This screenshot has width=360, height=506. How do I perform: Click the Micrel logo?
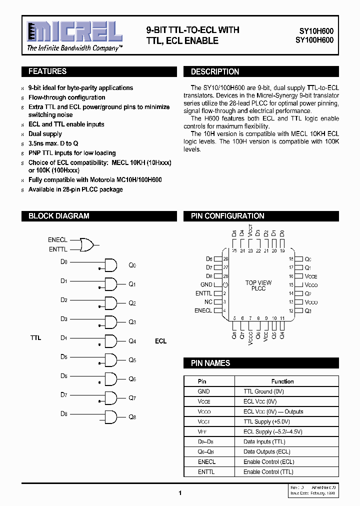[x=74, y=32]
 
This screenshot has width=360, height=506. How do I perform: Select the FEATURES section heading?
[x=47, y=71]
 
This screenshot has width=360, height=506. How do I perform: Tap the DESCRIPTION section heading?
[x=215, y=71]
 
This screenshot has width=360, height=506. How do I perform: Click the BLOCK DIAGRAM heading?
[x=58, y=216]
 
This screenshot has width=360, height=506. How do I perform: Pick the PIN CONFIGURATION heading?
[x=227, y=216]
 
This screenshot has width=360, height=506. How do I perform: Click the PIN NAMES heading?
[x=210, y=363]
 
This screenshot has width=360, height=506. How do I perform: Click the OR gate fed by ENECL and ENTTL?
[x=88, y=244]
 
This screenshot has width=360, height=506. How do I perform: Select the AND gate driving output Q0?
[x=110, y=265]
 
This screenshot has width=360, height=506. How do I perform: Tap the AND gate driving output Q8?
[x=110, y=416]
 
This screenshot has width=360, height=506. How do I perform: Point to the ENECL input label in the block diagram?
[x=57, y=240]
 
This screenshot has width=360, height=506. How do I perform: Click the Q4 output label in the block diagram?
[x=132, y=341]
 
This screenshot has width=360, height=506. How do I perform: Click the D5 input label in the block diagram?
[x=64, y=356]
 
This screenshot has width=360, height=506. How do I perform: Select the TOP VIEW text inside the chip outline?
[x=258, y=283]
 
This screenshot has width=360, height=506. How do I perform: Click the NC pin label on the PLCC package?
[x=208, y=302]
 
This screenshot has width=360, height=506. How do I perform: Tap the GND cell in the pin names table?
[x=204, y=391]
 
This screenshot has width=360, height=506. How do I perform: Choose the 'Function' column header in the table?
[x=282, y=381]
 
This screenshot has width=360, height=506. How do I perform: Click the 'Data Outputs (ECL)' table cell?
[x=266, y=451]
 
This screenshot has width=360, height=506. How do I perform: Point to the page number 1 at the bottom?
[x=180, y=493]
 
